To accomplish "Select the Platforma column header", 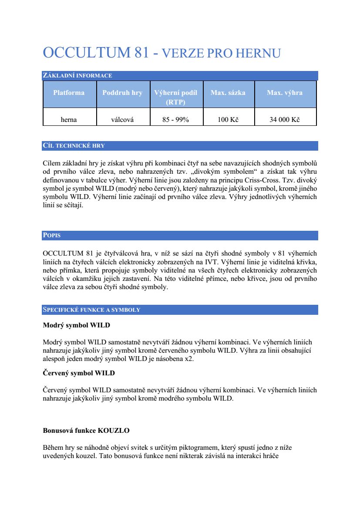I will pos(69,93).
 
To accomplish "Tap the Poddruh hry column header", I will pos(122,93).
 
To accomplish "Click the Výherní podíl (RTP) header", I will pos(176,97).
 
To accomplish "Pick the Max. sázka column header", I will pos(228,93).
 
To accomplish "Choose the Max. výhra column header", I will pos(285,93).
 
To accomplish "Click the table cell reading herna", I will pos(69,120).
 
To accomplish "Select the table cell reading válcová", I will pos(122,120).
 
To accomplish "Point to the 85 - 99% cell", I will pos(176,120).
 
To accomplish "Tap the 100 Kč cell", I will pos(228,120).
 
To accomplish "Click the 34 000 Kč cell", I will pos(285,120).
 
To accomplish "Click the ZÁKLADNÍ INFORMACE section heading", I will pos(77,76).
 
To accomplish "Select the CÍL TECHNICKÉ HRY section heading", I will pos(74,146).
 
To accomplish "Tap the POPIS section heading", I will pos(52,236).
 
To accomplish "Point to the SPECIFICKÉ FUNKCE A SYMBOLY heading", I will pos(91,310).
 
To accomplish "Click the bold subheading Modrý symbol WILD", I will pos(77,325).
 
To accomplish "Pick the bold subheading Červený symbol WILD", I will pos(79,373).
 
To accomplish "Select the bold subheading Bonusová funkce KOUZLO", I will pos(86,431).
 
